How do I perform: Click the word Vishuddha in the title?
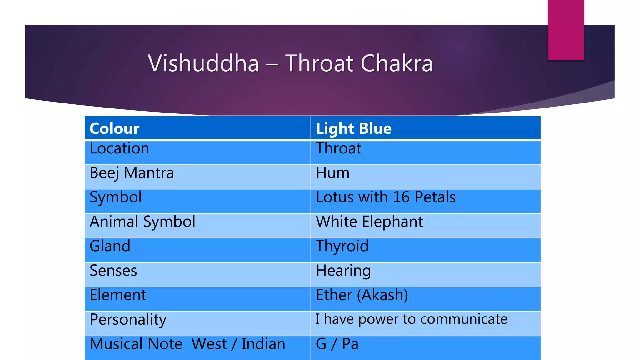pyautogui.click(x=203, y=63)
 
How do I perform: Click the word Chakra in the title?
pyautogui.click(x=397, y=63)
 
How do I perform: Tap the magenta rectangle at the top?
pyautogui.click(x=566, y=30)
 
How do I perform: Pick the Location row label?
pyautogui.click(x=119, y=148)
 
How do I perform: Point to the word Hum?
pyautogui.click(x=332, y=173)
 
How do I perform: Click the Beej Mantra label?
pyautogui.click(x=132, y=173)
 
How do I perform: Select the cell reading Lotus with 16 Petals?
pyautogui.click(x=386, y=197)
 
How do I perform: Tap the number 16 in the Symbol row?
pyautogui.click(x=401, y=197)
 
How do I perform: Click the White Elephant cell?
pyautogui.click(x=369, y=222)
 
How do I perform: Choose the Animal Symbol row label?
pyautogui.click(x=142, y=222)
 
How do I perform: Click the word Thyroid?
pyautogui.click(x=342, y=246)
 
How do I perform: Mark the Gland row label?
pyautogui.click(x=110, y=246)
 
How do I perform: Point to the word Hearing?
pyautogui.click(x=343, y=271)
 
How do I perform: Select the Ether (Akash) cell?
pyautogui.click(x=362, y=295)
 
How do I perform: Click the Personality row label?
pyautogui.click(x=128, y=320)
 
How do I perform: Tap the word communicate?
pyautogui.click(x=464, y=319)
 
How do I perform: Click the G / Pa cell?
pyautogui.click(x=337, y=344)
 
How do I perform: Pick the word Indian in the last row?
pyautogui.click(x=263, y=344)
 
